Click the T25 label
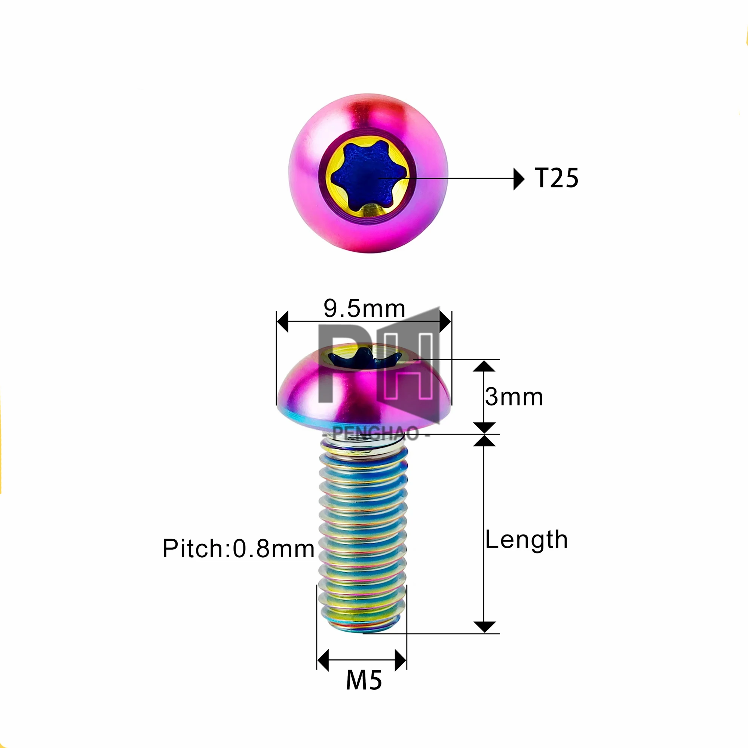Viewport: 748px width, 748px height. pyautogui.click(x=556, y=178)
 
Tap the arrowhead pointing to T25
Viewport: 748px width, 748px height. pyautogui.click(x=518, y=179)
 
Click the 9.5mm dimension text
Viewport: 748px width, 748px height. pyautogui.click(x=364, y=309)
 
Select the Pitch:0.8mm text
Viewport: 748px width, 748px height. pyautogui.click(x=238, y=549)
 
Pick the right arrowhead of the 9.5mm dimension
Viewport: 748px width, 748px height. pyautogui.click(x=445, y=321)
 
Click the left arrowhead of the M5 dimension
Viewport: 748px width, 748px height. pyautogui.click(x=323, y=660)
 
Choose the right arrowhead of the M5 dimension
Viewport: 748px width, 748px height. pyautogui.click(x=400, y=660)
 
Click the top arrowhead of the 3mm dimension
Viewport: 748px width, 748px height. pyautogui.click(x=484, y=366)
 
